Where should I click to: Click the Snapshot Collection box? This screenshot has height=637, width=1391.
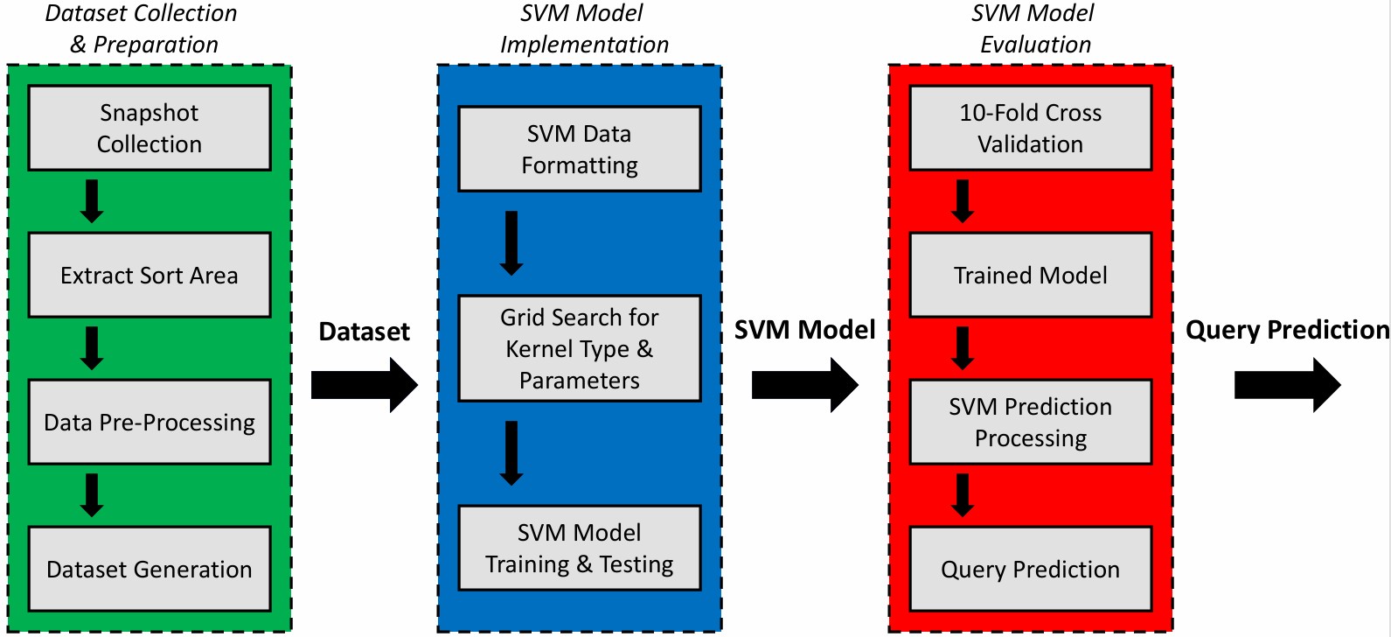coord(150,128)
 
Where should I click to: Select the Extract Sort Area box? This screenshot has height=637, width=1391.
coord(150,275)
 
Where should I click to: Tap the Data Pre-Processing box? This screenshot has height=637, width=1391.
coord(150,422)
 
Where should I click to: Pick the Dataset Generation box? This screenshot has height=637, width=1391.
coord(150,569)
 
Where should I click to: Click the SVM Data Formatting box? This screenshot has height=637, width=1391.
coord(580,149)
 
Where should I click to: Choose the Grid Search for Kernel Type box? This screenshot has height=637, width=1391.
coord(580,348)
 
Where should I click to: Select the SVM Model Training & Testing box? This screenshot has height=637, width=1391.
coord(580,548)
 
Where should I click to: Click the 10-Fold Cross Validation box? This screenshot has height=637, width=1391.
coord(1031,128)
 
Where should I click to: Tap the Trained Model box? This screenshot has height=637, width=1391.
coord(1031,275)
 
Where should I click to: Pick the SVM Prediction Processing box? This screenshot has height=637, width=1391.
coord(1031,422)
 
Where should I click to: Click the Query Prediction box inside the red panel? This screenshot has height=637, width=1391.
coord(1031,569)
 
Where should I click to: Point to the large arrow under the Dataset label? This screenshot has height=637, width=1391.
coord(364,385)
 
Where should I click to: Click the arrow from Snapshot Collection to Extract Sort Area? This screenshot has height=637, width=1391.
coord(91,201)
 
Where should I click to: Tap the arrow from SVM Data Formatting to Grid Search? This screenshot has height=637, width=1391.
coord(511,243)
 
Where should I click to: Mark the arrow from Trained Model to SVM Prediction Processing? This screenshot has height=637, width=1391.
coord(963,348)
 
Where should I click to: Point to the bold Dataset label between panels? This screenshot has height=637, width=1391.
coord(364,332)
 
